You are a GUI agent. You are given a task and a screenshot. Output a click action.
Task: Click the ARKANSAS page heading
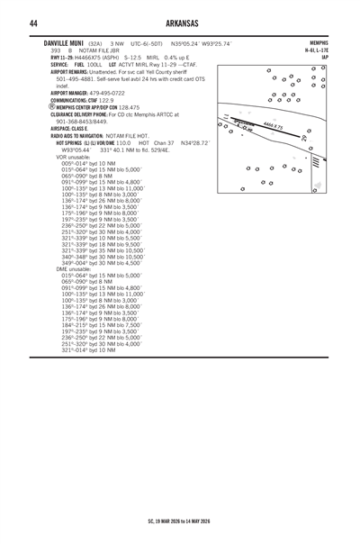179,23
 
